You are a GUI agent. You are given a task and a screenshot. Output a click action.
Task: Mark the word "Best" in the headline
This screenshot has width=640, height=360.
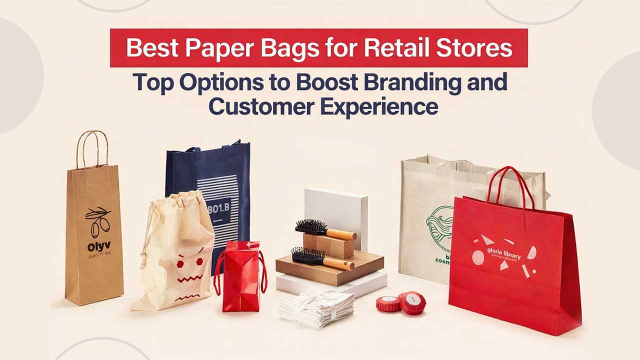pos(149,48)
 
